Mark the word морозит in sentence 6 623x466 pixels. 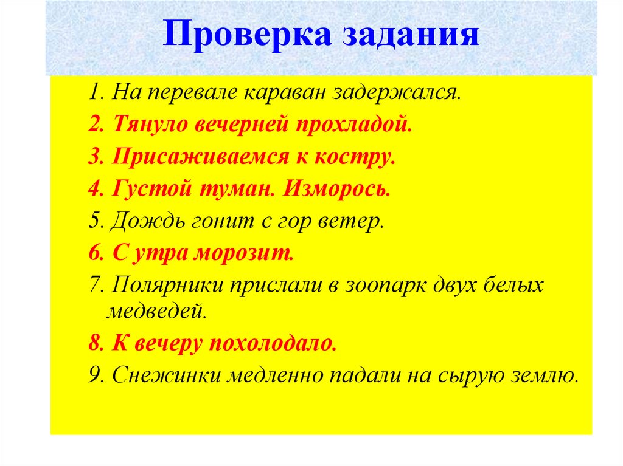click(244, 253)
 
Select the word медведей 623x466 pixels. click(158, 312)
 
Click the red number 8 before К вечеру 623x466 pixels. click(94, 343)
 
